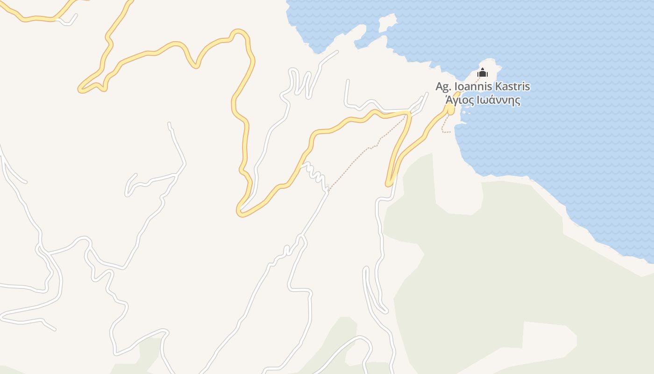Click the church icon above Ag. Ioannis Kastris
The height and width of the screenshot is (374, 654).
[x=482, y=73]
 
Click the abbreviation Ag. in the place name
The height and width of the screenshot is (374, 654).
[x=444, y=87]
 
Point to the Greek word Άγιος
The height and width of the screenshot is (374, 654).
[x=460, y=100]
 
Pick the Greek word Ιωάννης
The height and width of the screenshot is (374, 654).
[x=501, y=100]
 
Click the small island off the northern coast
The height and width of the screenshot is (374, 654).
[x=387, y=22]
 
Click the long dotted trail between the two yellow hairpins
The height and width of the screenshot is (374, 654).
[x=369, y=149]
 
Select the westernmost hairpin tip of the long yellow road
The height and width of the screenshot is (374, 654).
[x=81, y=89]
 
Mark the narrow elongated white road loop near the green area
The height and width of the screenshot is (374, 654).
[x=374, y=290]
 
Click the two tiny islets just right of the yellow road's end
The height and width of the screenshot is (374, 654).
[x=464, y=111]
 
